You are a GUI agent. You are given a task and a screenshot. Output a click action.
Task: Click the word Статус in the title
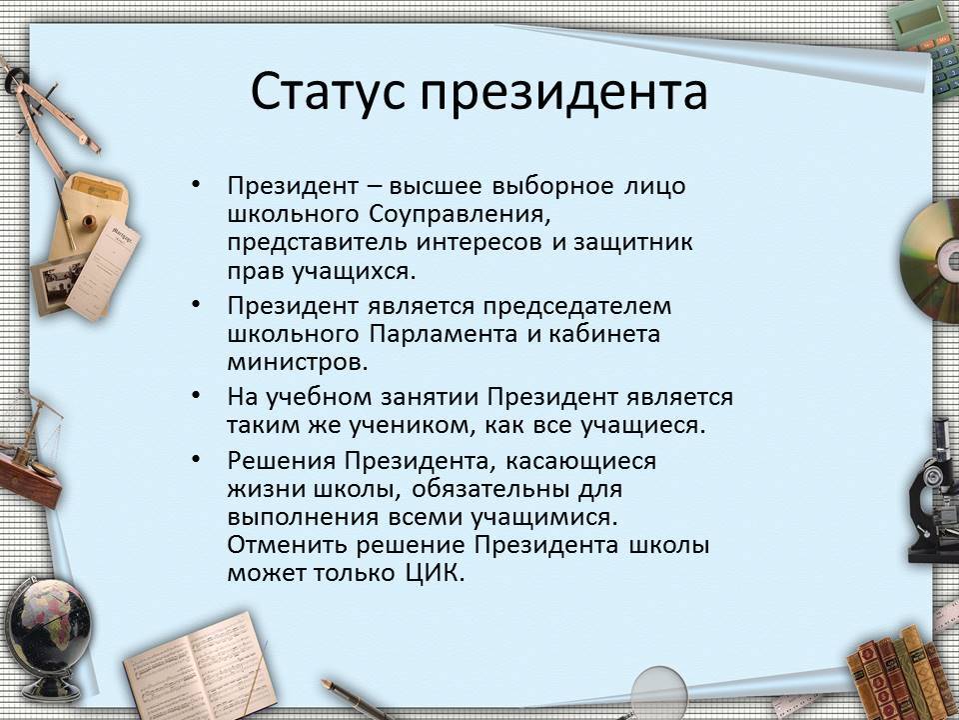(328, 92)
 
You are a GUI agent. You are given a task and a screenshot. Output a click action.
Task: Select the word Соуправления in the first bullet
(457, 215)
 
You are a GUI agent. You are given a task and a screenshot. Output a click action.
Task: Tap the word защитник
(633, 242)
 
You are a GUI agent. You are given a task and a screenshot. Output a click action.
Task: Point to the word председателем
(577, 307)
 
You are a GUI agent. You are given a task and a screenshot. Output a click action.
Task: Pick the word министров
(298, 363)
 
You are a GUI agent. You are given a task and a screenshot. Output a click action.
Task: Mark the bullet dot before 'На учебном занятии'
(196, 395)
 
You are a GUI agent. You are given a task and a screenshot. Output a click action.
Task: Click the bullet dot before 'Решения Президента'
(196, 458)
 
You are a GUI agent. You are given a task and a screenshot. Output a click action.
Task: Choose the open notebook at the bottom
(201, 669)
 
